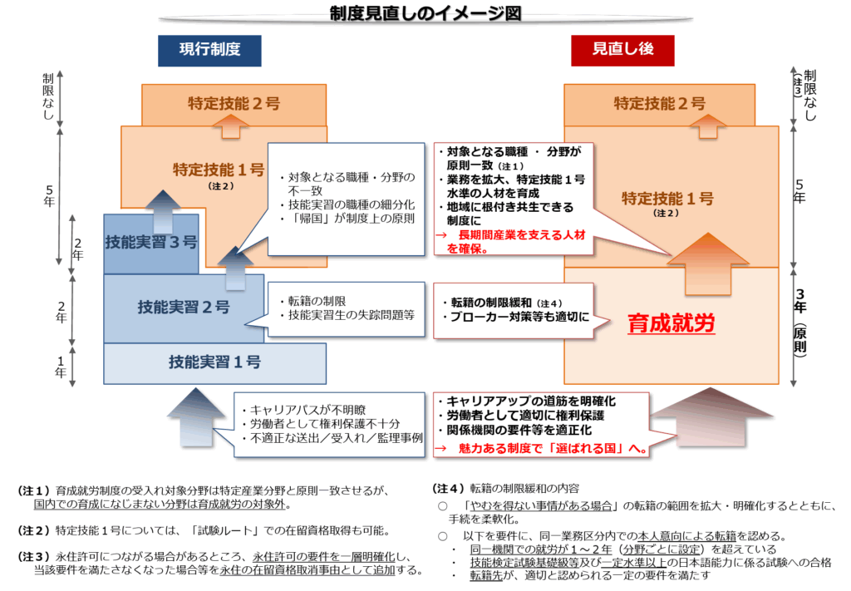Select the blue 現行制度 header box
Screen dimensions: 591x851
209,50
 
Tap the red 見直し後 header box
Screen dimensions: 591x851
623,50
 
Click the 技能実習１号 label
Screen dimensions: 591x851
214,362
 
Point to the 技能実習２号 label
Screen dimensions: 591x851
184,308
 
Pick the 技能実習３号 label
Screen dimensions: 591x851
150,243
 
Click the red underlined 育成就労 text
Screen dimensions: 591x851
671,323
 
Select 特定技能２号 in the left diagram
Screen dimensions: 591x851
234,104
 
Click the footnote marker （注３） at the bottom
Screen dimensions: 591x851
35,555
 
